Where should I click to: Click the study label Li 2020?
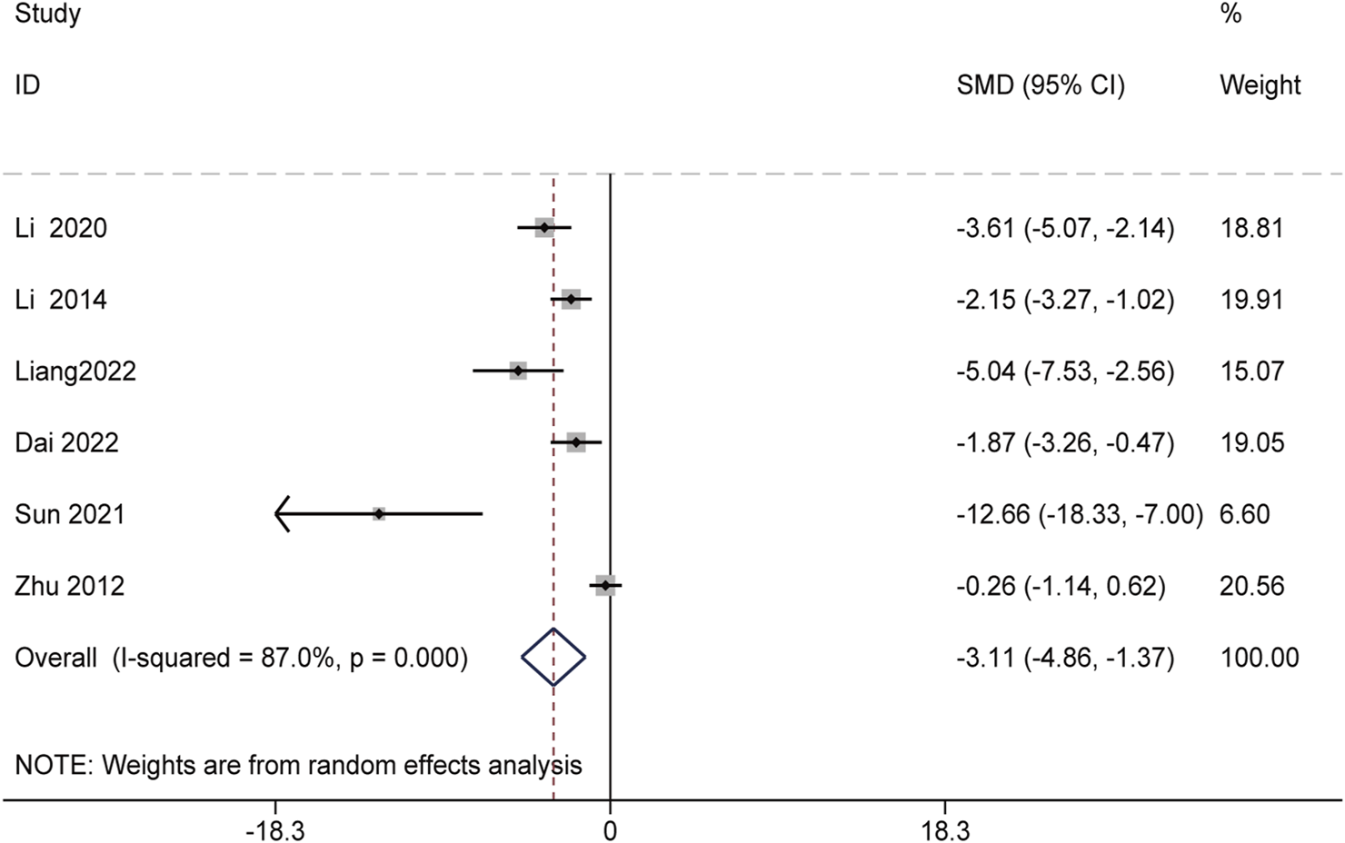coord(61,228)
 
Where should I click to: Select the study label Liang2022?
coord(75,372)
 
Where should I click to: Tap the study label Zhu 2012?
coord(69,586)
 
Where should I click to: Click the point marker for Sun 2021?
coord(379,514)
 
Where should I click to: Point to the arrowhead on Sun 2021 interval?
coord(281,514)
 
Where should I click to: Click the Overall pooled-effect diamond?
coord(553,657)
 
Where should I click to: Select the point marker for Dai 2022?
coord(576,442)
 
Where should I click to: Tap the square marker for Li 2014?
coord(571,299)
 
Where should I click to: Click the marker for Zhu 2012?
coord(605,586)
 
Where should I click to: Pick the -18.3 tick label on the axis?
coord(274,830)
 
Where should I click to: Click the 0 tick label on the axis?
coord(610,830)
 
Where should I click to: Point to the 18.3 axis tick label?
coord(945,830)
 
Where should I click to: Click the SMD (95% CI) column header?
coord(1041,85)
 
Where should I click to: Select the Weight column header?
coord(1260,85)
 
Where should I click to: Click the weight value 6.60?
coord(1244,514)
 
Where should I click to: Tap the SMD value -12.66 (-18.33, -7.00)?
coord(1079,514)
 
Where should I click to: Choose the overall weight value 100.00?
coord(1259,657)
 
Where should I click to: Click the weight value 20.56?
coord(1251,586)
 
